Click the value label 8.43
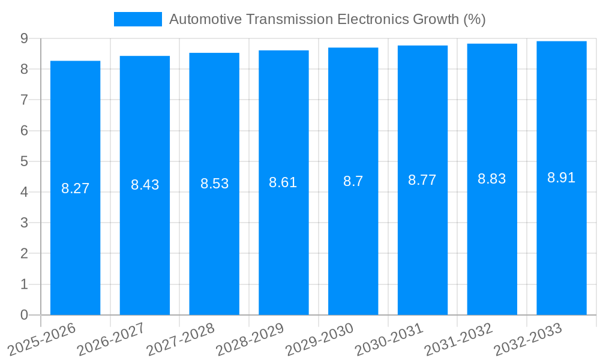(145, 185)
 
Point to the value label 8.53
(214, 184)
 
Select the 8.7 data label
(353, 181)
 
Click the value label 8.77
(422, 180)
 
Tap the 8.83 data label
(491, 179)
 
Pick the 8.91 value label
(561, 178)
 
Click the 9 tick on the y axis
(24, 38)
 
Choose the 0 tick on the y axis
(24, 315)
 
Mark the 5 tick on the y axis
(24, 161)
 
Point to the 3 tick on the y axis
(24, 223)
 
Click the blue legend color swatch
(138, 19)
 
